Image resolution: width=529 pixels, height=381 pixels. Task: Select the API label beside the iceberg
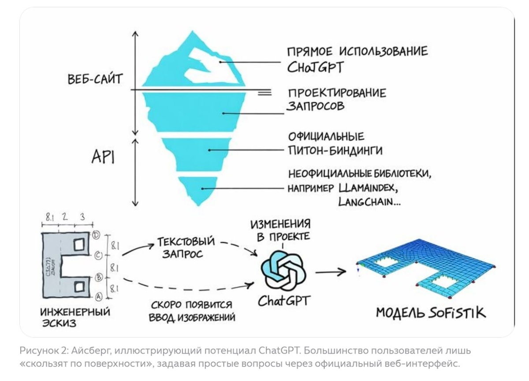pos(103,157)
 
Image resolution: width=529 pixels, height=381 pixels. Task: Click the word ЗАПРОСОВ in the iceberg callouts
pos(316,106)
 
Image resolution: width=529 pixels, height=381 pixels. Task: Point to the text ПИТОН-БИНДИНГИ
pos(335,150)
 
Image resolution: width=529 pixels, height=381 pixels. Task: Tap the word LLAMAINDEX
pos(369,188)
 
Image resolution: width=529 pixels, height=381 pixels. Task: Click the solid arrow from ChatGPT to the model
pos(330,272)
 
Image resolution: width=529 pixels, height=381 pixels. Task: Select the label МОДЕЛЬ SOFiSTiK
pos(430,313)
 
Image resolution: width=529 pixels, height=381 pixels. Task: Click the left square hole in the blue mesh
pos(385,264)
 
